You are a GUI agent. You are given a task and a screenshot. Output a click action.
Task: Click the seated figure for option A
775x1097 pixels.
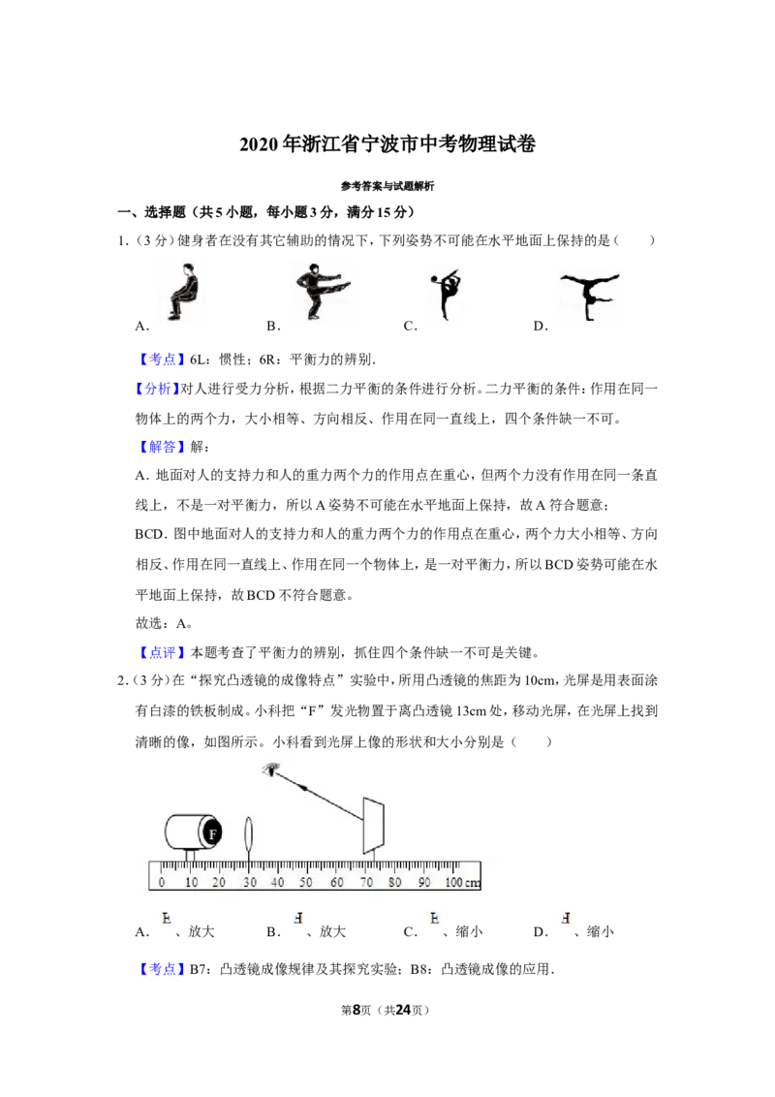(184, 292)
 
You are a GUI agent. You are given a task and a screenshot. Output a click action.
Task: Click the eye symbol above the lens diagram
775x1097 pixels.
(270, 770)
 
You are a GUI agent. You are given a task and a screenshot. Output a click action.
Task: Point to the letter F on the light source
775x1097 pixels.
(212, 833)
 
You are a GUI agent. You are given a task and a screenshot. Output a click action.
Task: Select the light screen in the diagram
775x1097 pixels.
(373, 827)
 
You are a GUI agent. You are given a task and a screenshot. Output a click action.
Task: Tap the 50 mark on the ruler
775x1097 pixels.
(306, 882)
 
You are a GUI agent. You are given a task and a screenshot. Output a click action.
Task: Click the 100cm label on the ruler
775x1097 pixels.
(462, 882)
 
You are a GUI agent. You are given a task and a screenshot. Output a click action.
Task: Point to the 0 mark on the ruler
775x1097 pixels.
(162, 882)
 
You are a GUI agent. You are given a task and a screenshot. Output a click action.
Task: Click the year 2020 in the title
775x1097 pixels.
(259, 144)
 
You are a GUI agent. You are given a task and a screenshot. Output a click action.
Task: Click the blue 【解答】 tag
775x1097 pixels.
(163, 447)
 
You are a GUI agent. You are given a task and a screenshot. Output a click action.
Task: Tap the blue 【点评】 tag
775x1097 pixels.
(163, 653)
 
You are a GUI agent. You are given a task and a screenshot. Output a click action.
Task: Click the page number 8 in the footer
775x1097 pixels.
(356, 1010)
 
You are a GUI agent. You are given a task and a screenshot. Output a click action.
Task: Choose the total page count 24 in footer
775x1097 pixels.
(403, 1010)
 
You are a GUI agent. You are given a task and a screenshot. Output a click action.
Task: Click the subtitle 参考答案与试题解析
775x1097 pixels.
(387, 186)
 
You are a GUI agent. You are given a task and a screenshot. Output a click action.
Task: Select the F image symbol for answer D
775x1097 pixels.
(566, 918)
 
